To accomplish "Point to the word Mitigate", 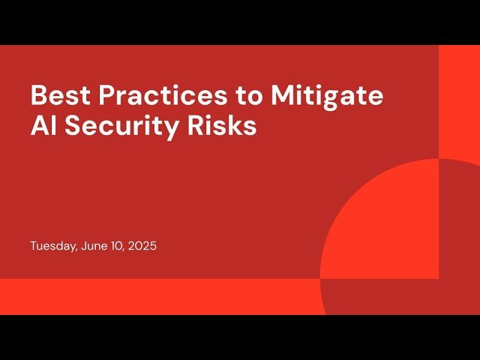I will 326,96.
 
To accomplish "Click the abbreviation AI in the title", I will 41,126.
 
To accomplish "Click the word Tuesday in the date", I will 52,246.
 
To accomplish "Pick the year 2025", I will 142,246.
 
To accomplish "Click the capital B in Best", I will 37,96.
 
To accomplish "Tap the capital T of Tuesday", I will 33,246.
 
